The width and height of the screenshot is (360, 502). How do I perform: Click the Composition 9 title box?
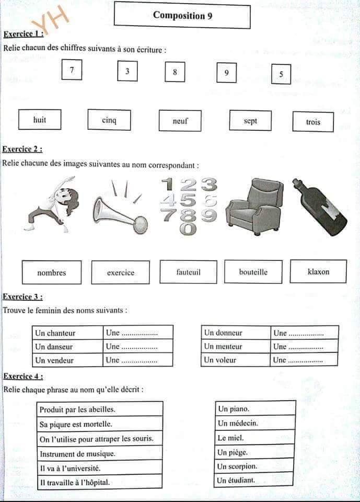(182, 15)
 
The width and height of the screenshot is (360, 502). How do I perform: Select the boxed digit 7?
(72, 70)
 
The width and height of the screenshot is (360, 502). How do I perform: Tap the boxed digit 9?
(226, 73)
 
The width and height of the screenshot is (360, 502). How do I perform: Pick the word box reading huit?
(40, 120)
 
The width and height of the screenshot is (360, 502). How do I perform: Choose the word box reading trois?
(313, 122)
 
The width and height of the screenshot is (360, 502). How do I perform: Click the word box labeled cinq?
(109, 120)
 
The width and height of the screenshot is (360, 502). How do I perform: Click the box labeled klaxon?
(318, 271)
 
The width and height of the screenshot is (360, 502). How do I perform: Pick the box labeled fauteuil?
(188, 272)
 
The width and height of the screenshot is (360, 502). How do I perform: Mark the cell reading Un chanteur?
(67, 333)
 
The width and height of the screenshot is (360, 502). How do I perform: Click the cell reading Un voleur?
(236, 360)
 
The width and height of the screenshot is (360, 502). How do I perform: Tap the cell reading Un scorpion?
(254, 466)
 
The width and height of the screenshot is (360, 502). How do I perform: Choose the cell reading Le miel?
(254, 438)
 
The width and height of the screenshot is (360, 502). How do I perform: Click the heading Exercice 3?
(22, 297)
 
